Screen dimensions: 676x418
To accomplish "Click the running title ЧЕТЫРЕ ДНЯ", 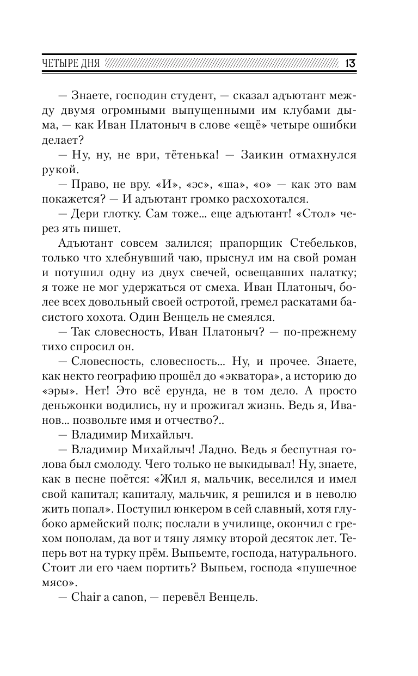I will point(70,63).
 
